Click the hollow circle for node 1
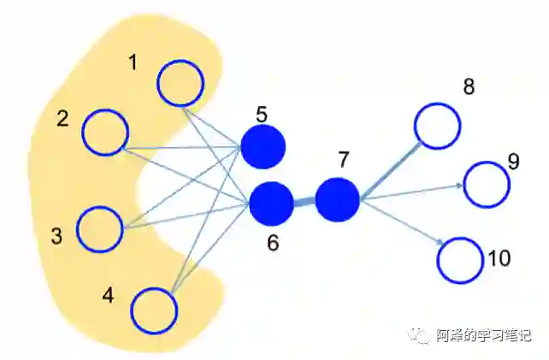tap(180, 83)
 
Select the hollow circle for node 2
tap(105, 133)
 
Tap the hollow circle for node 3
tap(100, 228)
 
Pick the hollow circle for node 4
tap(154, 309)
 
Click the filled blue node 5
tap(263, 146)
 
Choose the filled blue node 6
tap(271, 204)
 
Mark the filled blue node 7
tap(337, 199)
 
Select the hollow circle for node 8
tap(437, 125)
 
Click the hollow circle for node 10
tap(460, 259)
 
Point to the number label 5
tap(262, 113)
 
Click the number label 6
tap(273, 243)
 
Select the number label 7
tap(344, 160)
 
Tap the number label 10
tap(499, 257)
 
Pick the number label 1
tap(133, 62)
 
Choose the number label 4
tap(108, 296)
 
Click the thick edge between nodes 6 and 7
tap(304, 202)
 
